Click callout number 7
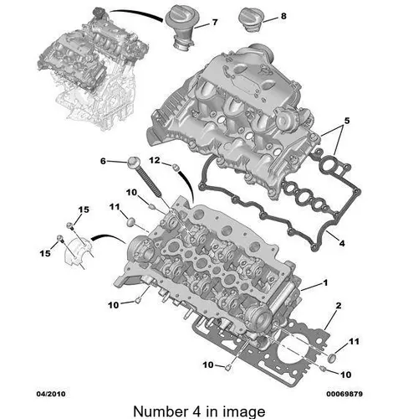pyautogui.click(x=215, y=22)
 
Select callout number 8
pyautogui.click(x=283, y=16)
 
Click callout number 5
pyautogui.click(x=347, y=121)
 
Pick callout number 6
pyautogui.click(x=103, y=161)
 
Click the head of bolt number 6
pyautogui.click(x=132, y=163)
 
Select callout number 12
pyautogui.click(x=155, y=160)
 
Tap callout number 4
pyautogui.click(x=342, y=243)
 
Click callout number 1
pyautogui.click(x=325, y=283)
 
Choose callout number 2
pyautogui.click(x=339, y=306)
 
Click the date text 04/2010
pyautogui.click(x=51, y=394)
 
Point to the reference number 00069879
pyautogui.click(x=344, y=394)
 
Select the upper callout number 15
pyautogui.click(x=84, y=209)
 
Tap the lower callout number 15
pyautogui.click(x=45, y=253)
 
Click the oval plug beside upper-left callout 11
pyautogui.click(x=130, y=222)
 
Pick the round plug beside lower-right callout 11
pyautogui.click(x=332, y=359)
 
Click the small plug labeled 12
pyautogui.click(x=176, y=167)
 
